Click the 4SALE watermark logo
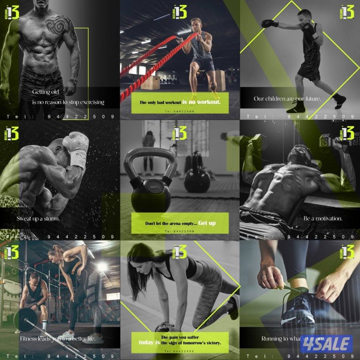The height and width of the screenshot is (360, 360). tap(326, 343)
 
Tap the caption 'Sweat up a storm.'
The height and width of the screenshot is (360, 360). tap(38, 219)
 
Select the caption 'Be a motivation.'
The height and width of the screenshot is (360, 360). tap(323, 219)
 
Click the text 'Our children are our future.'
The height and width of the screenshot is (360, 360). tap(287, 99)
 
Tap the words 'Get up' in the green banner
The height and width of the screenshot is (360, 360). tap(207, 223)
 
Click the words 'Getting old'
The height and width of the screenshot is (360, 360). tap(46, 92)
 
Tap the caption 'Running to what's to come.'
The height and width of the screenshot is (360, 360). tap(293, 339)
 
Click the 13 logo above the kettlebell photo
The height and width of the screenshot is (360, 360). tap(180, 132)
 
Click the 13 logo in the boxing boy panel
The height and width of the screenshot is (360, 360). tap(347, 12)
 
